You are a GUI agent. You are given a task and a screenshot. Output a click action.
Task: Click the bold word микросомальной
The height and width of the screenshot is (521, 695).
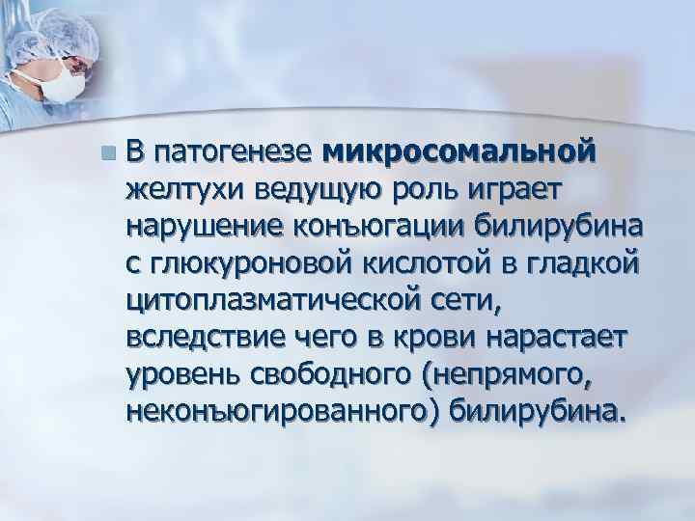tap(459, 151)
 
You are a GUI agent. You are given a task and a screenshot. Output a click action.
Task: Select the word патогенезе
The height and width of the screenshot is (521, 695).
tap(234, 151)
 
